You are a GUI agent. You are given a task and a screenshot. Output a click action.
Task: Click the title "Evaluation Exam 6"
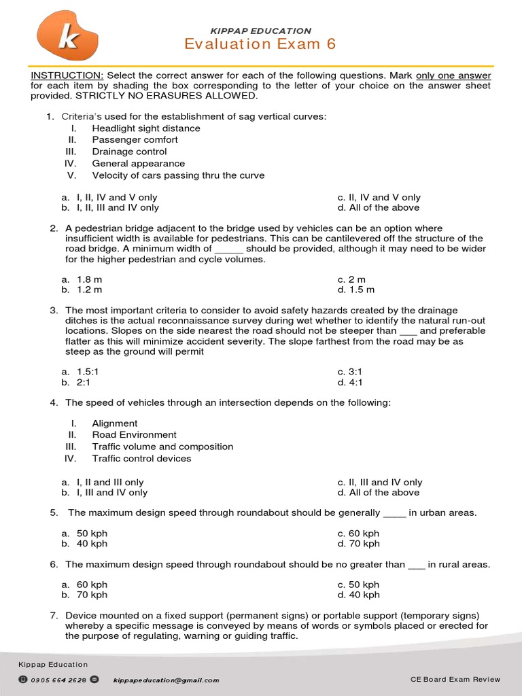260,44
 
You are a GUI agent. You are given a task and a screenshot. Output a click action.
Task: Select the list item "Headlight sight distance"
146,128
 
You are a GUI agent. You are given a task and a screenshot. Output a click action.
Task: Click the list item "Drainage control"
129,152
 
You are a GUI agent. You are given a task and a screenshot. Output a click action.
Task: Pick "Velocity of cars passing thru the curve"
178,175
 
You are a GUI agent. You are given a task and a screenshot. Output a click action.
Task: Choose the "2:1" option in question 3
84,383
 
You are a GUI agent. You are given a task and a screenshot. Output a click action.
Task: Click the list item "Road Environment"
134,435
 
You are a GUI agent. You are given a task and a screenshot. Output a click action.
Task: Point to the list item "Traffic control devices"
141,459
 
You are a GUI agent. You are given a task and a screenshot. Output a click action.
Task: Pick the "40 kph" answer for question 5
92,544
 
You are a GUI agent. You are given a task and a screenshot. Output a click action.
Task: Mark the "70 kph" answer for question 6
92,595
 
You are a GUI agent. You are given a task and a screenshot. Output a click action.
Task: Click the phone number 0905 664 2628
58,680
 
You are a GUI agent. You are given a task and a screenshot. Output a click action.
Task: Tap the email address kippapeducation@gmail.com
166,680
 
